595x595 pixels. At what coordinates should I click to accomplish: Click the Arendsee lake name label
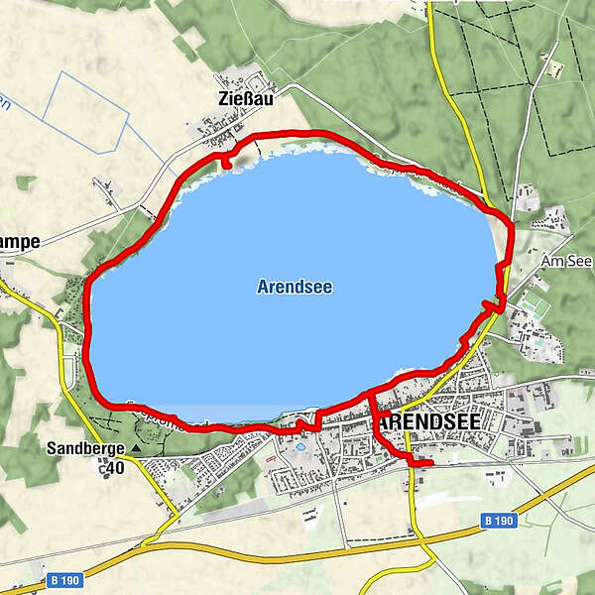(x=294, y=288)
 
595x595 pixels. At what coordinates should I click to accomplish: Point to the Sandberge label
(x=85, y=448)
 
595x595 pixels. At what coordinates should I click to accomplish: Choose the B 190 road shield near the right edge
(x=501, y=519)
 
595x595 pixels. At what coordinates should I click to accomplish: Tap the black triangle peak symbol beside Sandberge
(x=136, y=448)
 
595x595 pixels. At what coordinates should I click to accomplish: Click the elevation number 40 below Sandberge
(x=115, y=468)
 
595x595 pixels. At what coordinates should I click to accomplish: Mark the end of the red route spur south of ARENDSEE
(x=429, y=463)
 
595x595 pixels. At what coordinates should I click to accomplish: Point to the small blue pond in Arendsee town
(x=300, y=447)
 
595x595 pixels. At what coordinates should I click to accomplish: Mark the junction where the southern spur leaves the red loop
(x=371, y=394)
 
